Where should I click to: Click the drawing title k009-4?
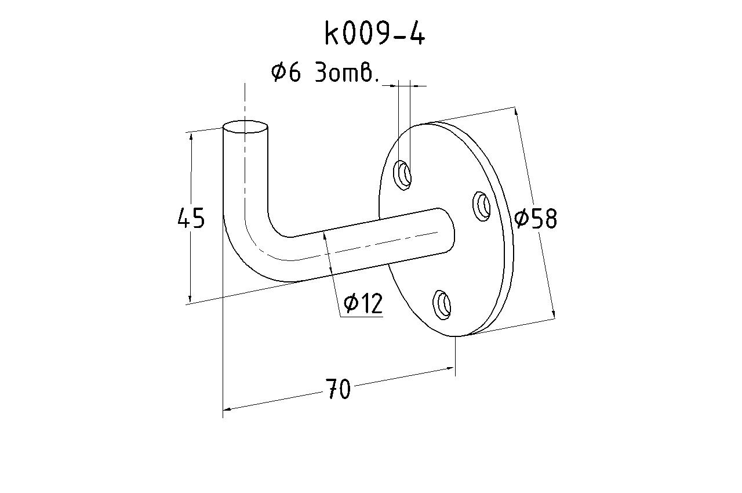pos(374,34)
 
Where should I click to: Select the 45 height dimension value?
pos(191,217)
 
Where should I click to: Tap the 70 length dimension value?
pos(337,389)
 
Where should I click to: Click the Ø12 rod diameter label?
pos(363,303)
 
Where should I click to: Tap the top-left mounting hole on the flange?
pos(402,175)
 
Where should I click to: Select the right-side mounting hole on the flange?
pos(481,206)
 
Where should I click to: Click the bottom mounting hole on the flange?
pos(442,305)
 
